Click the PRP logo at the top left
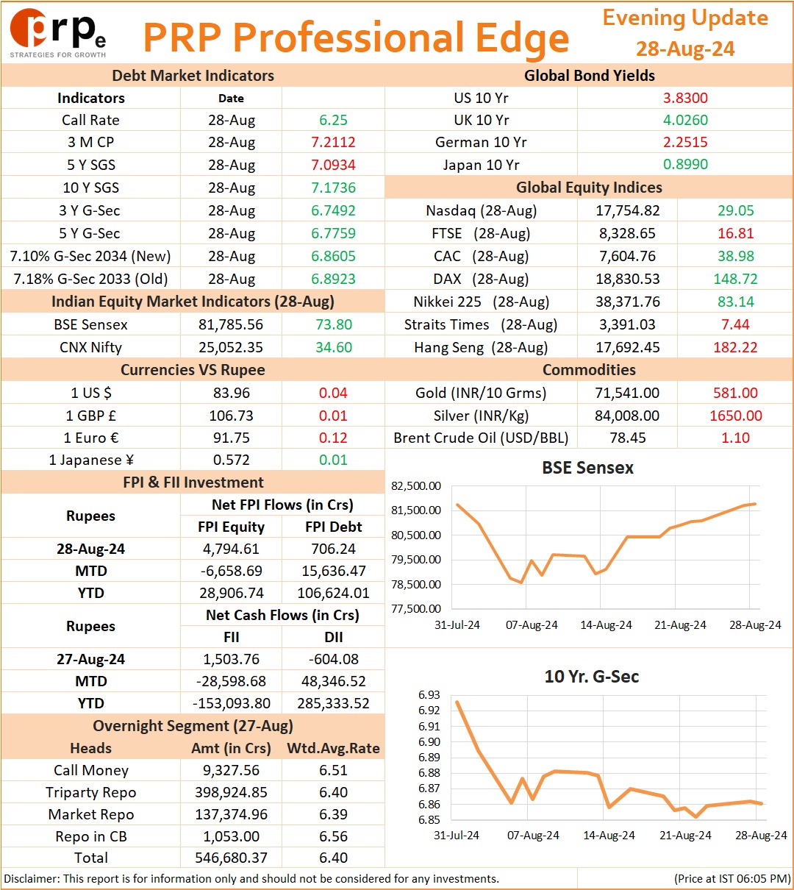coord(57,33)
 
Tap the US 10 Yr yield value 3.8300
coord(685,98)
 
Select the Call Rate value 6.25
coord(333,120)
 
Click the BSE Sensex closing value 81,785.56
coord(231,324)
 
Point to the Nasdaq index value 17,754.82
coord(628,211)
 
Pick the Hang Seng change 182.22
coord(736,347)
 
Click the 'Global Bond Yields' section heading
coord(590,76)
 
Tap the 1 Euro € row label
coord(91,438)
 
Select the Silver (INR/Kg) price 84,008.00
coord(627,416)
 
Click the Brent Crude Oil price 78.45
coord(628,438)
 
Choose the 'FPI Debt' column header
coord(333,527)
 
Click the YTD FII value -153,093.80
coord(232,703)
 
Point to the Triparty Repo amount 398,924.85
coord(231,792)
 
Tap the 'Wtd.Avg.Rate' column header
coord(333,748)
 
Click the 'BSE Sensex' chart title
coord(587,468)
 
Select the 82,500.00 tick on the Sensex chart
coord(416,486)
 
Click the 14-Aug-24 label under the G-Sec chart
coord(609,835)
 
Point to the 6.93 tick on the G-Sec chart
coord(429,694)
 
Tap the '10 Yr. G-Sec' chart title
coord(591,677)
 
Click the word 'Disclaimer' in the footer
coord(31,878)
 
